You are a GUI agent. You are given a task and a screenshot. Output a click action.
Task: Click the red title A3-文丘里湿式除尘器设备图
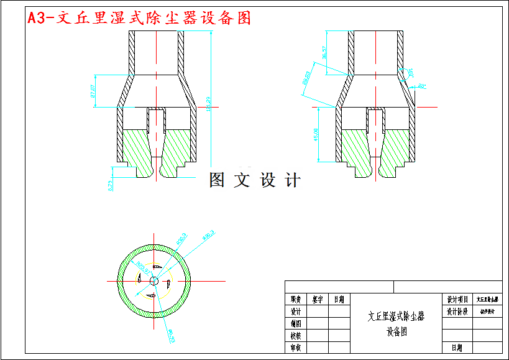click(139, 18)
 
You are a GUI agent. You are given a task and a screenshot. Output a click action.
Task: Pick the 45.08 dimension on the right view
click(317, 134)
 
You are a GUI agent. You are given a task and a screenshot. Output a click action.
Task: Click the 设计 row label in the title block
click(296, 311)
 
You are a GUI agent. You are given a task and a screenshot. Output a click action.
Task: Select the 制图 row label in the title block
click(296, 323)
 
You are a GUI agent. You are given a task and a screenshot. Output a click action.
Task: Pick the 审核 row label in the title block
click(296, 348)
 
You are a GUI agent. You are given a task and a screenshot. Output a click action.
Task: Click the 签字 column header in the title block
click(318, 299)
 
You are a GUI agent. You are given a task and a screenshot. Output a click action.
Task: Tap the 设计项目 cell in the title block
click(457, 299)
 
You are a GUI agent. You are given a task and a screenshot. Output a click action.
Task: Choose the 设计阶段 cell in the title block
click(457, 311)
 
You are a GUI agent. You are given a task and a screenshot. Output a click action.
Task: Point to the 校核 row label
click(296, 336)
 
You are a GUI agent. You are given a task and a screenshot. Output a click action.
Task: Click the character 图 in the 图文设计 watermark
click(217, 180)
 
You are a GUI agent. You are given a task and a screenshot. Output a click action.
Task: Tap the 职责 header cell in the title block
click(296, 299)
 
